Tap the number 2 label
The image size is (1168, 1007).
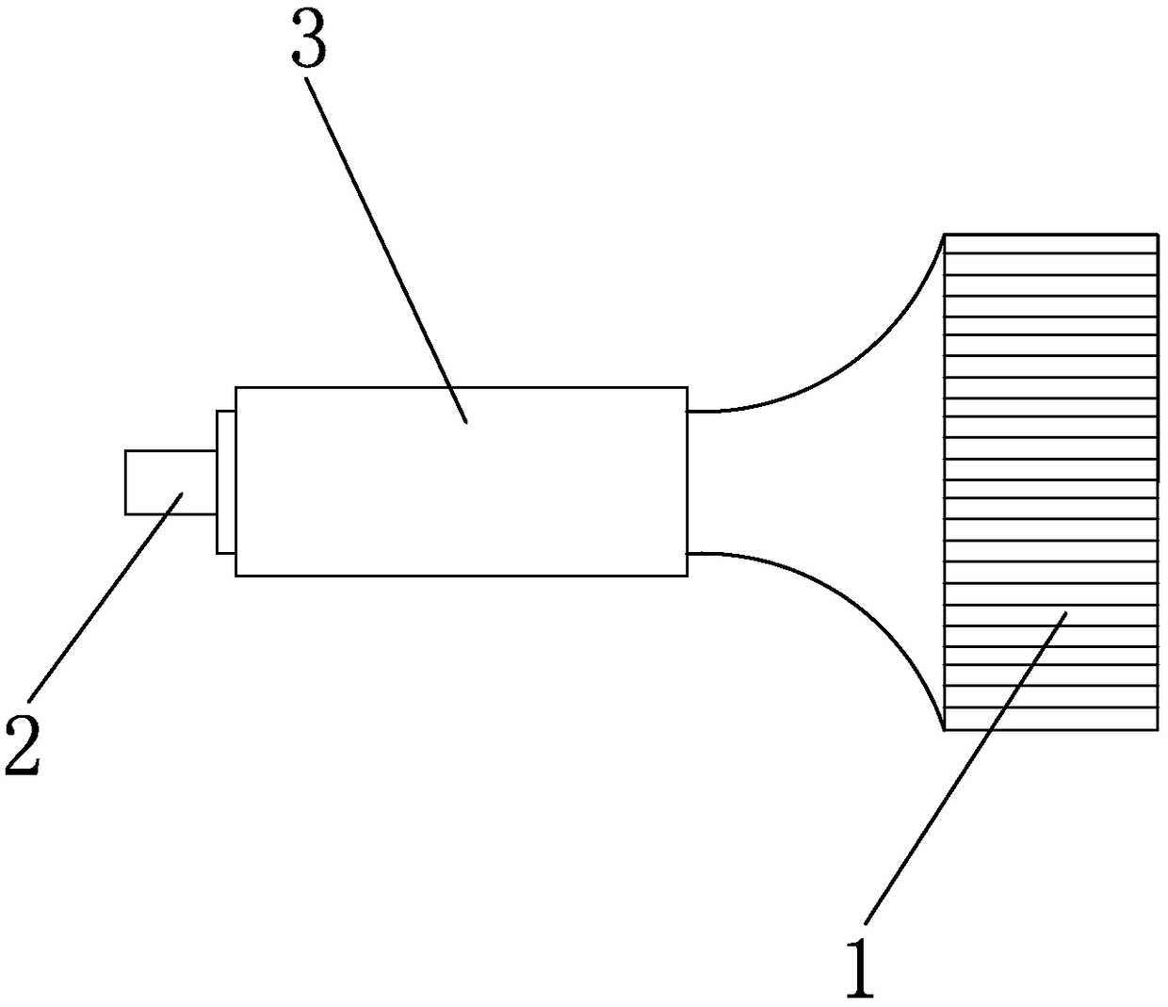23,745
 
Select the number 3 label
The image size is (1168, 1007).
308,42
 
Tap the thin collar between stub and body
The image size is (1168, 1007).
226,481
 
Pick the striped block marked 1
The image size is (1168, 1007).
1050,480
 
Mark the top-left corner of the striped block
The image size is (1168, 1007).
945,234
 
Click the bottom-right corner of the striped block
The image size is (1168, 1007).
1157,729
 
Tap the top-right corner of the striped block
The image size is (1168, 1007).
1157,234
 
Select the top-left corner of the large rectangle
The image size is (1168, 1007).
236,387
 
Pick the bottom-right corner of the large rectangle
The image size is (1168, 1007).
687,575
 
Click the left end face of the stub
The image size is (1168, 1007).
125,481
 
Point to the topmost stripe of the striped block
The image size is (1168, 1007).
1050,243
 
